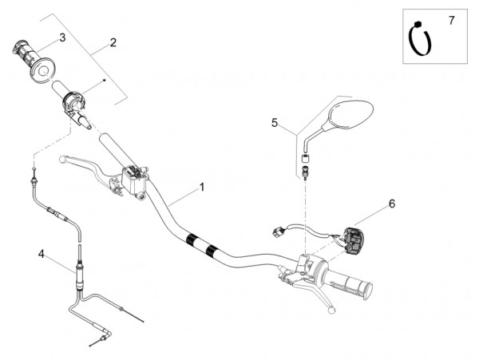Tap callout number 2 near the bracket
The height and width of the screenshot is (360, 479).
click(x=113, y=42)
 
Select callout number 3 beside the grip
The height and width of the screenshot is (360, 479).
click(x=62, y=37)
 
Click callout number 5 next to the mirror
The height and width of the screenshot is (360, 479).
click(x=275, y=122)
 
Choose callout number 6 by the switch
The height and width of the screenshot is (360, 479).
click(x=391, y=204)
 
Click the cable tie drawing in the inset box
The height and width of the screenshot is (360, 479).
click(x=419, y=40)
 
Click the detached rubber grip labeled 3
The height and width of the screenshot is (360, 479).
click(x=34, y=61)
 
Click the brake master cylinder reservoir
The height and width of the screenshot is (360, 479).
click(x=133, y=176)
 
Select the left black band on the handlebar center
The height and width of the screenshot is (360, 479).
click(x=192, y=239)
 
